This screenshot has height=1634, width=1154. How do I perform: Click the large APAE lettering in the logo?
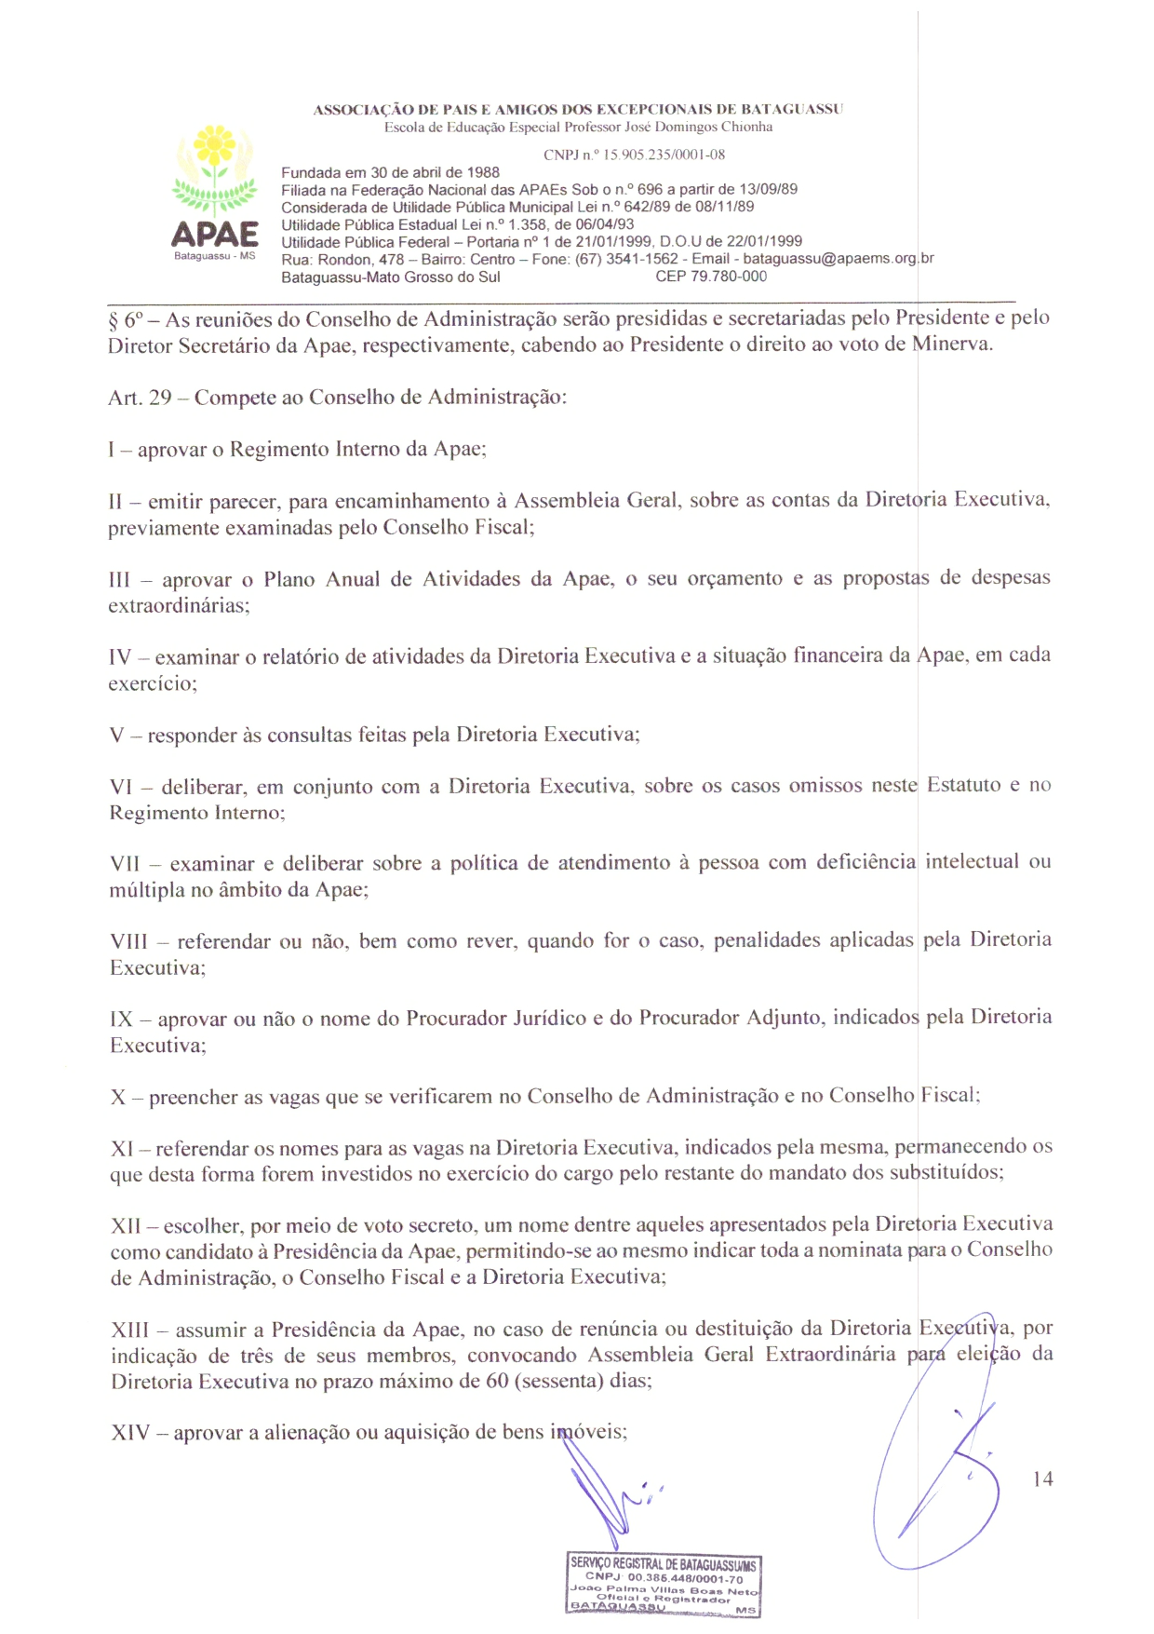[215, 233]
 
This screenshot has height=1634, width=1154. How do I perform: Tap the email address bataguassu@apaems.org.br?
[838, 259]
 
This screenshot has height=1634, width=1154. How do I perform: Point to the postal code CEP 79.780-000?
[711, 277]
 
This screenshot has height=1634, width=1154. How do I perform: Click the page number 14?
[1042, 1479]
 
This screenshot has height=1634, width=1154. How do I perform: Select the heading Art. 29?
[140, 398]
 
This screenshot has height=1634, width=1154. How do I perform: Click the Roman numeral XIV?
[129, 1433]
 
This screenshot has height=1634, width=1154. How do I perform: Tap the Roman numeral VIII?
[128, 941]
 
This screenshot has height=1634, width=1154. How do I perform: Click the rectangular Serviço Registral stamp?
[663, 1584]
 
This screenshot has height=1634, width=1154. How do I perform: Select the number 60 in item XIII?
[497, 1381]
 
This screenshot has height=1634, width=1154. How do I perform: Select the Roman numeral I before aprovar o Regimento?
[112, 450]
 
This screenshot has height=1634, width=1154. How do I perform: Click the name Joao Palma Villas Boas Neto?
[664, 1590]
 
